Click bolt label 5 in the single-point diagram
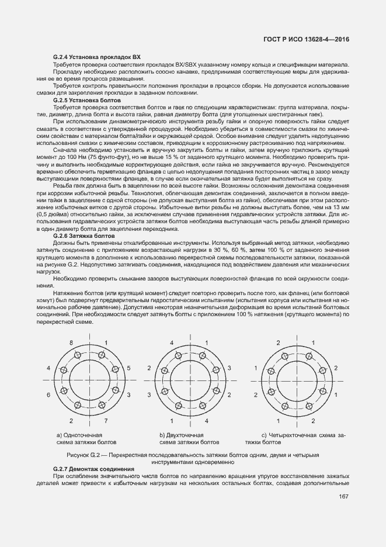(x=127, y=369)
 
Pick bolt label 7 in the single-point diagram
(x=106, y=421)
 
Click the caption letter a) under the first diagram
(x=59, y=435)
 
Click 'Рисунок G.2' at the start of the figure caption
(x=85, y=454)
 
